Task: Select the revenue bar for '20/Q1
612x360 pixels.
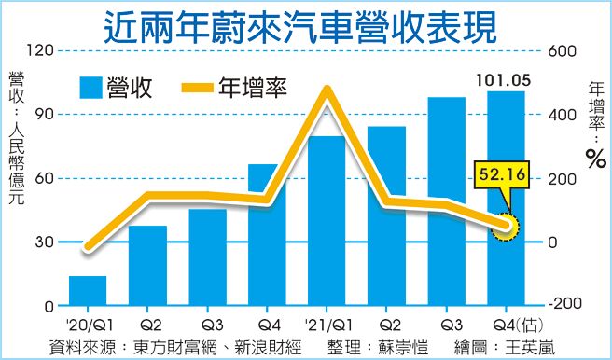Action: coord(88,291)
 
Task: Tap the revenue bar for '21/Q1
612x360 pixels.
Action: coord(327,221)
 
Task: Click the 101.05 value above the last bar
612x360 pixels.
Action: coord(504,79)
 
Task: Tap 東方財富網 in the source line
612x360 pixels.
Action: coord(171,347)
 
